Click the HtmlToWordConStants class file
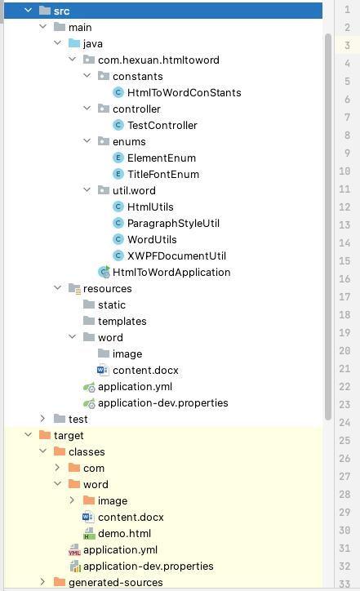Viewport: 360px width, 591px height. pyautogui.click(x=184, y=92)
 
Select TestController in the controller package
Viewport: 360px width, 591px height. pyautogui.click(x=162, y=125)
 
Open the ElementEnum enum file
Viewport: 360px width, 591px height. pyautogui.click(x=161, y=158)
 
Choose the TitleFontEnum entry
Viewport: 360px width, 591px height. pyautogui.click(x=162, y=174)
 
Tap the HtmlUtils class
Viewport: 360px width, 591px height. pyautogui.click(x=150, y=207)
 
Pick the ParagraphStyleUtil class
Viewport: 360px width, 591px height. pyautogui.click(x=173, y=223)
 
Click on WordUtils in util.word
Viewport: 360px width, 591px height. pyautogui.click(x=152, y=239)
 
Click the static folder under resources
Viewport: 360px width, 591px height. pyautogui.click(x=112, y=304)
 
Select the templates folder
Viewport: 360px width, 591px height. pyautogui.click(x=122, y=321)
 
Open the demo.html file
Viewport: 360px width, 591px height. pyautogui.click(x=124, y=533)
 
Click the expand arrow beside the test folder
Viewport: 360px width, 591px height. pyautogui.click(x=43, y=419)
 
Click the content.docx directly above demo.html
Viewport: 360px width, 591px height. pyautogui.click(x=131, y=517)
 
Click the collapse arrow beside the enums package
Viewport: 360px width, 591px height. pyautogui.click(x=87, y=141)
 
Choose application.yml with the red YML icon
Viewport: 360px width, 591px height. pyautogui.click(x=120, y=549)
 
